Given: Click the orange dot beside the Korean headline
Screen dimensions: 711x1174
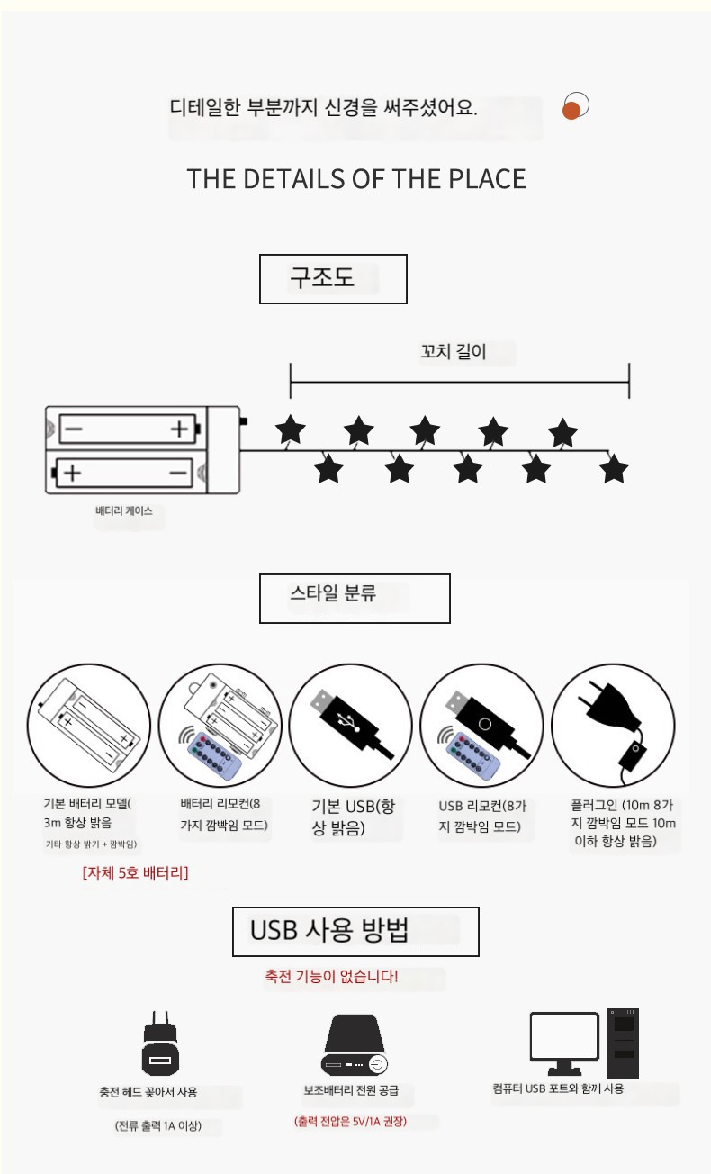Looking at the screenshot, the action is [x=571, y=111].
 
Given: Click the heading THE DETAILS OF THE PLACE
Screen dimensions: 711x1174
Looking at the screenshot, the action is [x=356, y=179].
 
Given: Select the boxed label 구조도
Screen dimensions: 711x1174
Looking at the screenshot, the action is [x=322, y=277].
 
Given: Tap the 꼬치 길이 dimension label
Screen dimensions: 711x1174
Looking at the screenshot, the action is [x=454, y=351].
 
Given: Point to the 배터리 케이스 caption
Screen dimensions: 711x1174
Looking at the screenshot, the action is [x=124, y=511].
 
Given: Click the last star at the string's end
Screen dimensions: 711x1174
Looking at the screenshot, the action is [x=614, y=468].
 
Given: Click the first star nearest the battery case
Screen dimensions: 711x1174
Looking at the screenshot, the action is [x=291, y=429].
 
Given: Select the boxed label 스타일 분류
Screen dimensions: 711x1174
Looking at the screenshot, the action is [x=333, y=592].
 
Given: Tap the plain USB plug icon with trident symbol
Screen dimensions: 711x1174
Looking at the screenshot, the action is [x=351, y=723].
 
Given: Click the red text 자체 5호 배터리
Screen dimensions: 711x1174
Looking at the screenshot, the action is [x=135, y=873].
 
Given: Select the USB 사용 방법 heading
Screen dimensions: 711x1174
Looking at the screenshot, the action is [x=329, y=930].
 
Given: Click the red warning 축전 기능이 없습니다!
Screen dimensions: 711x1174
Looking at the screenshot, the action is [x=331, y=976].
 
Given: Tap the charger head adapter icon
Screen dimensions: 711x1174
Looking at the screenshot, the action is [x=160, y=1043].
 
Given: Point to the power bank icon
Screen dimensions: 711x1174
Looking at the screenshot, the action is [x=354, y=1045].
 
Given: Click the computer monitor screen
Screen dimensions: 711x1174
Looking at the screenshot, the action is [x=564, y=1036].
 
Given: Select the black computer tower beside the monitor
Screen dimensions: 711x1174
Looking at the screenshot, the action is [x=623, y=1043].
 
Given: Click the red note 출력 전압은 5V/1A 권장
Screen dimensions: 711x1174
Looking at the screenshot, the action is [x=350, y=1122].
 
